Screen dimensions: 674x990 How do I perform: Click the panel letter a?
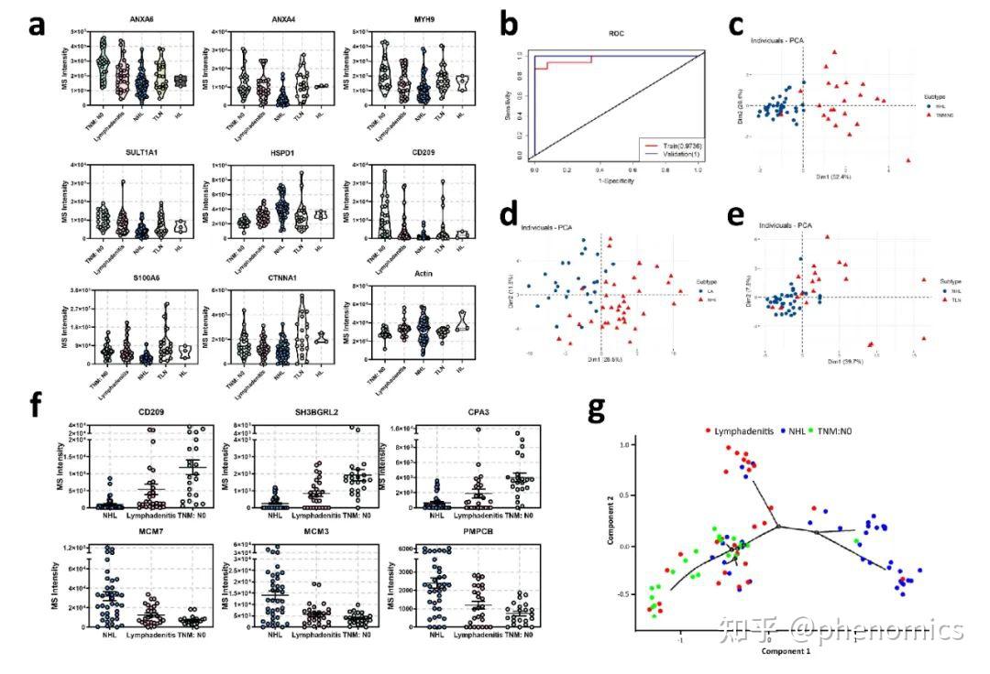pyautogui.click(x=37, y=25)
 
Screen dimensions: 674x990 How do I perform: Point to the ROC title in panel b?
pyautogui.click(x=617, y=36)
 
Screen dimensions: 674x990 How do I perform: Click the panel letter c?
pyautogui.click(x=736, y=25)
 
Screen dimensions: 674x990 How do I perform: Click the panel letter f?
pyautogui.click(x=38, y=404)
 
